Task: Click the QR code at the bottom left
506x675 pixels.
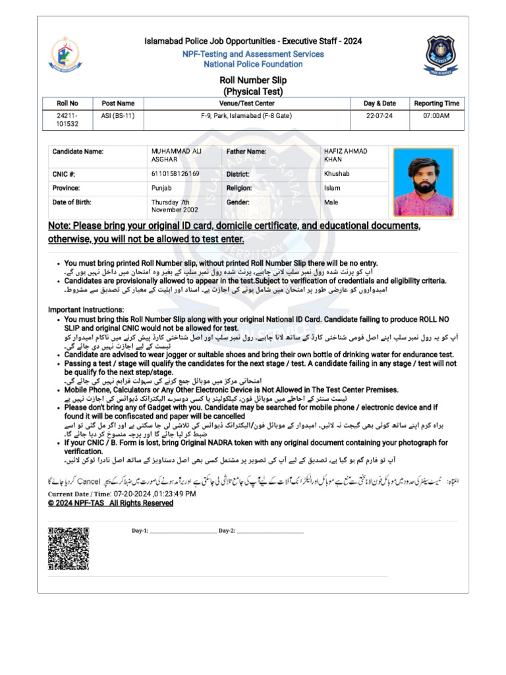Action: (69, 548)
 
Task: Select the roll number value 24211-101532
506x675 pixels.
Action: (67, 119)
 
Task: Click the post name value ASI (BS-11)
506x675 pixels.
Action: (118, 115)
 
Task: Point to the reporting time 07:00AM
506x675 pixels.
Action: (436, 115)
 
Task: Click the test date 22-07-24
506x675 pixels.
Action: (379, 115)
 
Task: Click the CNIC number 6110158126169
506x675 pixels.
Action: (175, 174)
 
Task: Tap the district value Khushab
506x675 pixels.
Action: (337, 174)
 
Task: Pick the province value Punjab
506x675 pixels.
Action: (162, 188)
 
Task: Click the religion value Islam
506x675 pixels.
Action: (332, 188)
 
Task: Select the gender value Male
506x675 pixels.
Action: (331, 202)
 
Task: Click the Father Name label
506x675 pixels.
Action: (246, 152)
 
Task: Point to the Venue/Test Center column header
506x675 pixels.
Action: (247, 103)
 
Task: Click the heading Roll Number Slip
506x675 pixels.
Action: (253, 80)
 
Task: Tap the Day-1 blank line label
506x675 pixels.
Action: (140, 531)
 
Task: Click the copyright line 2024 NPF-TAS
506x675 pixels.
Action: (111, 503)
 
